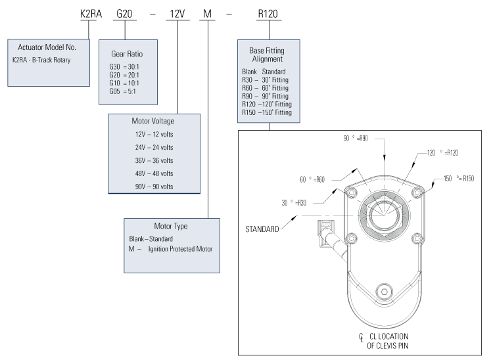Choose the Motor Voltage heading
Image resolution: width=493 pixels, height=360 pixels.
[x=154, y=121]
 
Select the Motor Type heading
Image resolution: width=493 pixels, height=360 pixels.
[x=167, y=225]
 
